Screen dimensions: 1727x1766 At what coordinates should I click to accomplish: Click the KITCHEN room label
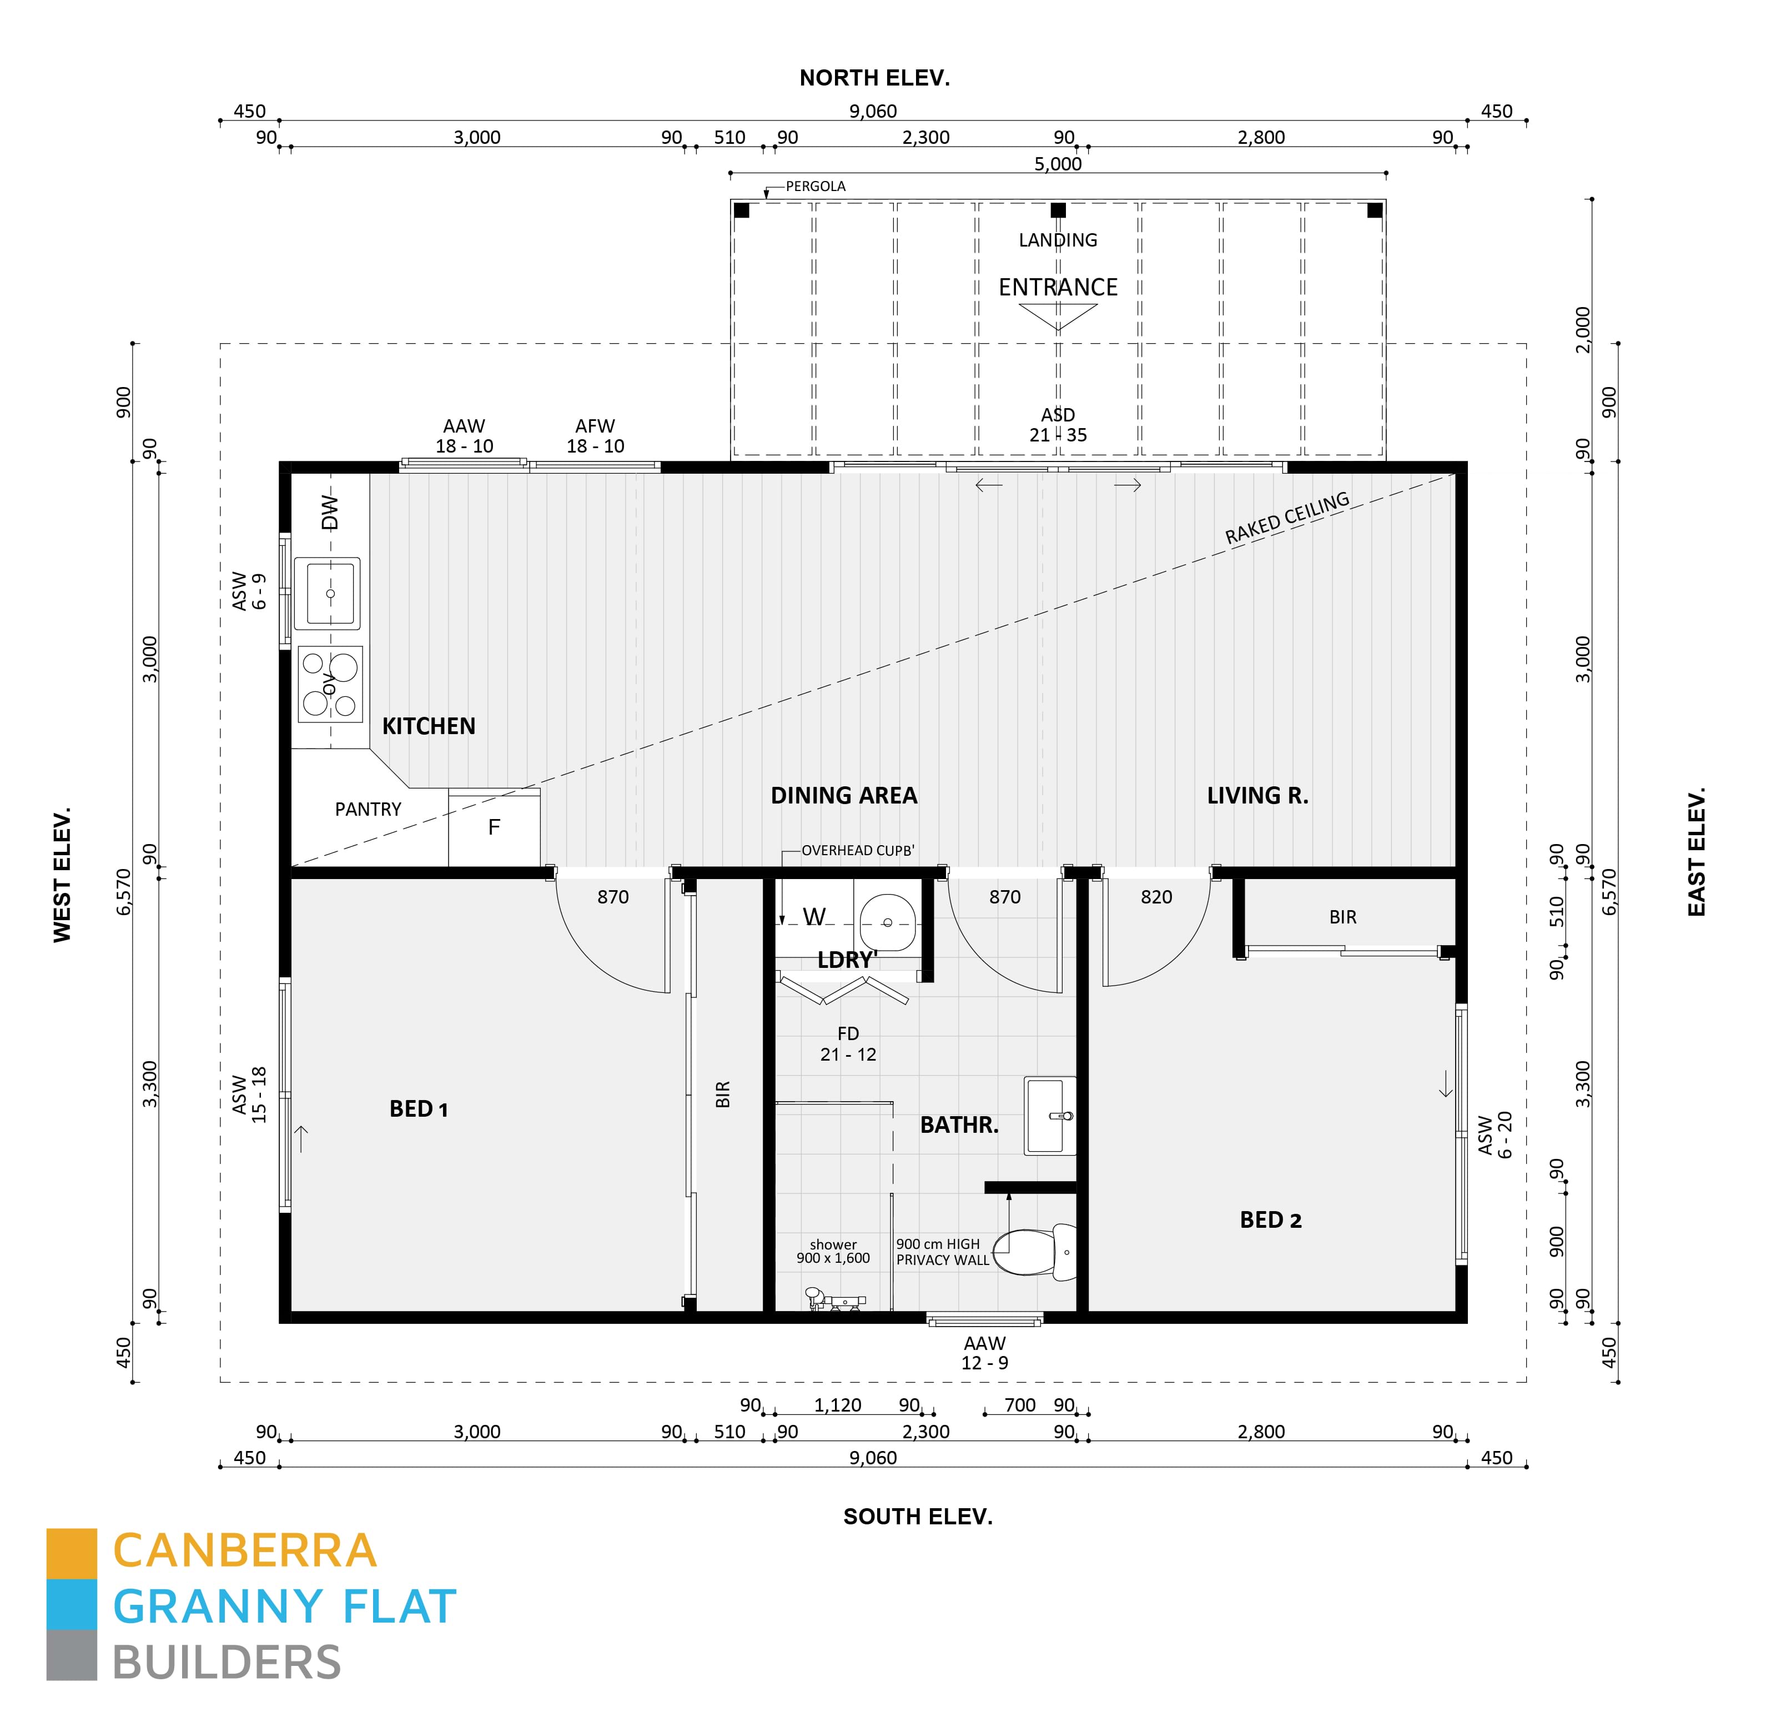[428, 726]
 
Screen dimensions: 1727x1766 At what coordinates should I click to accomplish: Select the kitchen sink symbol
[328, 593]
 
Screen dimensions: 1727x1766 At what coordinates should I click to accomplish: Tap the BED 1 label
[418, 1108]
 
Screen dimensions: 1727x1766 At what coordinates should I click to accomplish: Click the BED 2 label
[1270, 1220]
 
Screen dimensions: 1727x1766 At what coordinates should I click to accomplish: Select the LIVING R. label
[1257, 795]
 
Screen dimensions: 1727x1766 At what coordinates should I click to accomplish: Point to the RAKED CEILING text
[1287, 518]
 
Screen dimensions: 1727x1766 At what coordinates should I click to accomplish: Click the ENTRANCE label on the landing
[1058, 288]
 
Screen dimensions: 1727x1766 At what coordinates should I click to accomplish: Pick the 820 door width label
[1156, 897]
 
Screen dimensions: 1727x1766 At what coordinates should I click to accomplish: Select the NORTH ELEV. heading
[874, 78]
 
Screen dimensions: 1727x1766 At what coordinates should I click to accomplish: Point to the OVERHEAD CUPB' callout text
[857, 851]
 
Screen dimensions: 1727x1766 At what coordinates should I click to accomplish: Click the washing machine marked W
[814, 917]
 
